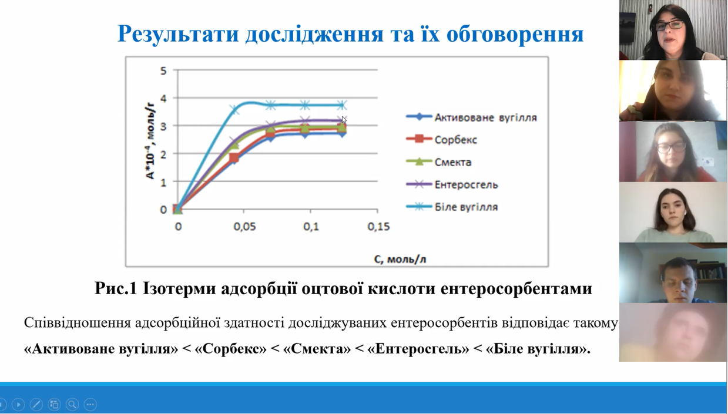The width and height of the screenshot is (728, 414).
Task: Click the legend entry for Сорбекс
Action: pos(442,140)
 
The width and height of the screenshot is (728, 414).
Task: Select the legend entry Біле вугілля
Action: pos(452,207)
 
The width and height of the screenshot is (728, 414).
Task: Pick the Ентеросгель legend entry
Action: pos(452,184)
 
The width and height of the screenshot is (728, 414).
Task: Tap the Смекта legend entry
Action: pos(439,162)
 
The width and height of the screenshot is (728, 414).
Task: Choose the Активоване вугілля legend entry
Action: pos(472,117)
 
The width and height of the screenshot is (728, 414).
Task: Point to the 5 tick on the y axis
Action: pos(163,70)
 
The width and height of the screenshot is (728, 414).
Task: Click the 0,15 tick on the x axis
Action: pos(378,227)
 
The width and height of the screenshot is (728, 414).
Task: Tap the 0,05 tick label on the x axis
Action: pos(245,227)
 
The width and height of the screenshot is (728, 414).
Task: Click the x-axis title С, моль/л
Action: pos(400,259)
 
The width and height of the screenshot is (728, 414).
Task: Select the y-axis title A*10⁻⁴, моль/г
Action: pos(150,140)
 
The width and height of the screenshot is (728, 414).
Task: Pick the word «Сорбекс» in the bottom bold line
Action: pos(230,349)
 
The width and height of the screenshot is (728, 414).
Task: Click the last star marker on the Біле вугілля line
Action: pos(341,105)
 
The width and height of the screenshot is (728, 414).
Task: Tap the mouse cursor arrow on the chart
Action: pos(344,120)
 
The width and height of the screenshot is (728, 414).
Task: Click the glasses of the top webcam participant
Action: pos(670,25)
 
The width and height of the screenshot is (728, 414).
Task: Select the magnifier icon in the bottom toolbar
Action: pos(72,404)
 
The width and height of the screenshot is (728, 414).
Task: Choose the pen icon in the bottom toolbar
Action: pos(36,404)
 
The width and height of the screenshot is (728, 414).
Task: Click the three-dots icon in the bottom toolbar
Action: pos(90,404)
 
